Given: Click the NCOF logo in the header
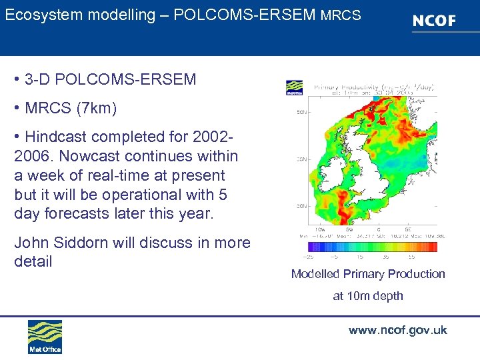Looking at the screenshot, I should (x=433, y=21).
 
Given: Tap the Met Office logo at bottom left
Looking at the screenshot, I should (x=45, y=337).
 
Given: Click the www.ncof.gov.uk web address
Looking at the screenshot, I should (x=397, y=331).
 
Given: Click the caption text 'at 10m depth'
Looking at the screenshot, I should (x=368, y=296).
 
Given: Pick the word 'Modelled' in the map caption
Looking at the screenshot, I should (x=317, y=274).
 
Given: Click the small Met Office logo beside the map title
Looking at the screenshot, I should (x=294, y=88).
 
